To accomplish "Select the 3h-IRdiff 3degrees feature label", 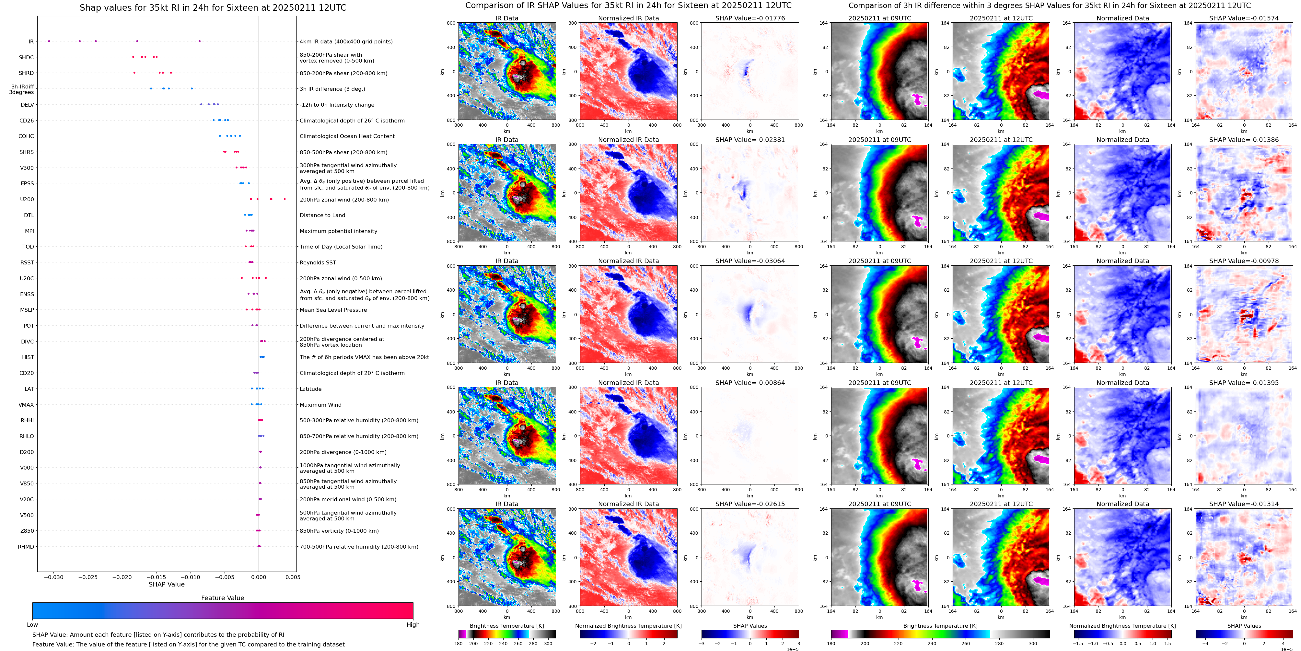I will pyautogui.click(x=22, y=89).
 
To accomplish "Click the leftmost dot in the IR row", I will pyautogui.click(x=49, y=41).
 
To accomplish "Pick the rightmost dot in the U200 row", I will pyautogui.click(x=285, y=199).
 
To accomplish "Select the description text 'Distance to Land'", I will pyautogui.click(x=322, y=215).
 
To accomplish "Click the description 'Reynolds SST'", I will pyautogui.click(x=318, y=262).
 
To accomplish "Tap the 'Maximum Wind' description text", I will pyautogui.click(x=320, y=404).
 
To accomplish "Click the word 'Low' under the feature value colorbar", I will pyautogui.click(x=32, y=625).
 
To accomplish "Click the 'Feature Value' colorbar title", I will pyautogui.click(x=222, y=598).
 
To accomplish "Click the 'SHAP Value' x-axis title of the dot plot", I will pyautogui.click(x=166, y=584).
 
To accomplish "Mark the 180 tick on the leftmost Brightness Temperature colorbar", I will pyautogui.click(x=459, y=644).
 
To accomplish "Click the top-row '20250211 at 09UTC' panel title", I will pyautogui.click(x=879, y=18).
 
